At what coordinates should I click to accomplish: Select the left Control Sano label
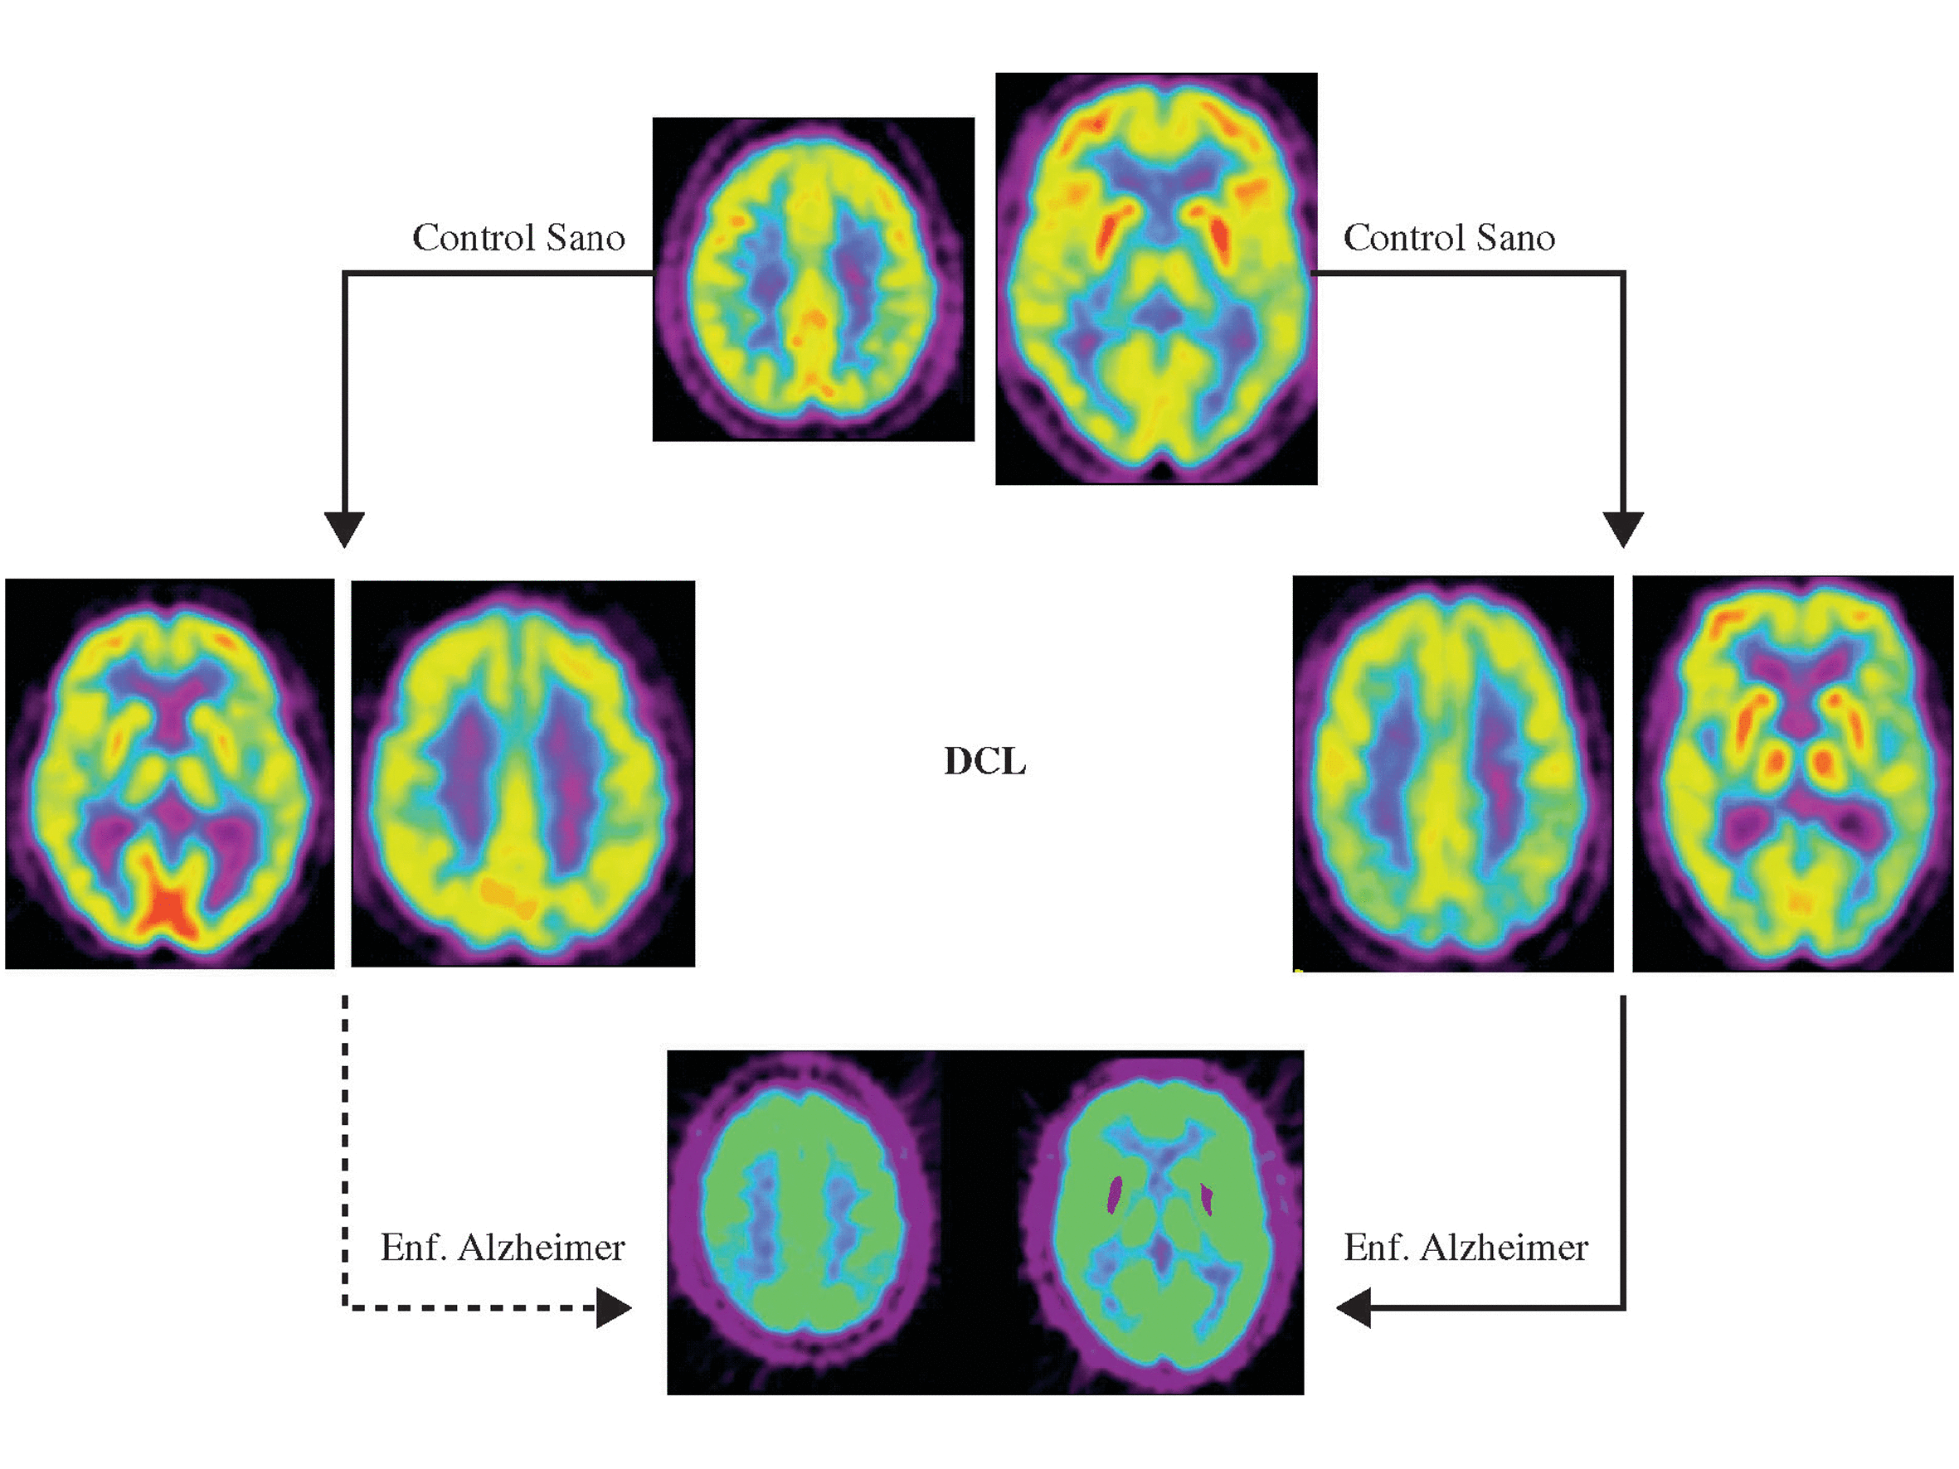point(518,237)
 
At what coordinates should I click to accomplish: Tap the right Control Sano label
point(1449,237)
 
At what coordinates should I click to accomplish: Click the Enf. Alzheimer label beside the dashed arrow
point(502,1248)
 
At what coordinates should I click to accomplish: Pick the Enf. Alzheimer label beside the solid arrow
point(1466,1248)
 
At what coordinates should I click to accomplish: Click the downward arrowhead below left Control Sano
point(344,529)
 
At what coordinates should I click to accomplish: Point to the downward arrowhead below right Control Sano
point(1622,529)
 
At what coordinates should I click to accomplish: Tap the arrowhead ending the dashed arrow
point(613,1307)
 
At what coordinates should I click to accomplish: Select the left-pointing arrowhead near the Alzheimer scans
point(1354,1307)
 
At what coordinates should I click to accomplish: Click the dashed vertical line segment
point(344,1142)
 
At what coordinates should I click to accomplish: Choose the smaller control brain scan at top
point(813,279)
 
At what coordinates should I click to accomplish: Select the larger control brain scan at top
point(1155,279)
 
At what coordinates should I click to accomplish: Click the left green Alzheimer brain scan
point(801,1222)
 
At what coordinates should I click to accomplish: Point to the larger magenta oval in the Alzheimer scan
point(1115,1195)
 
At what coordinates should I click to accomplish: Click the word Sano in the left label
point(586,237)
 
